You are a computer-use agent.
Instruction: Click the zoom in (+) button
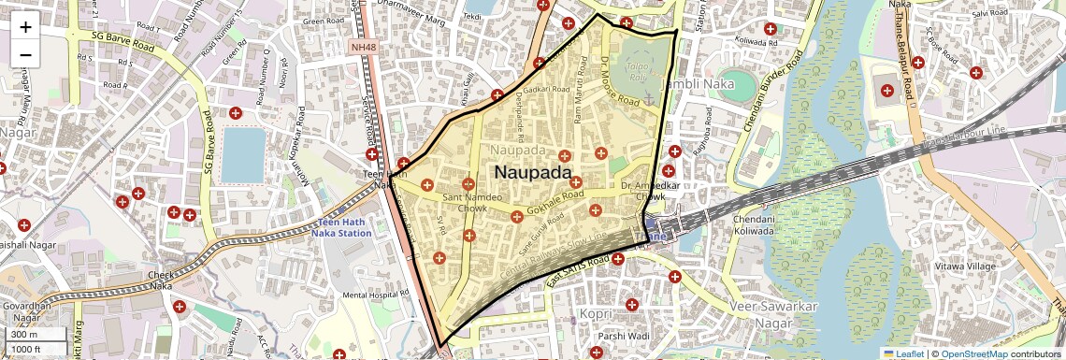pyautogui.click(x=25, y=26)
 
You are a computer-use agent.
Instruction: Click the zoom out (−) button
pyautogui.click(x=25, y=54)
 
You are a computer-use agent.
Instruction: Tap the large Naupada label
pyautogui.click(x=533, y=172)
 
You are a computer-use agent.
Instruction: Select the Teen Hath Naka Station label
pyautogui.click(x=343, y=227)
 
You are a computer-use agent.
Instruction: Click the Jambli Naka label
pyautogui.click(x=694, y=84)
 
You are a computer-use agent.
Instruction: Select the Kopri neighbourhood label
pyautogui.click(x=596, y=313)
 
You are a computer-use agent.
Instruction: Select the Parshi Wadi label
pyautogui.click(x=625, y=336)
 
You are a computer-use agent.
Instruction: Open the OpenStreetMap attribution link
pyautogui.click(x=974, y=353)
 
